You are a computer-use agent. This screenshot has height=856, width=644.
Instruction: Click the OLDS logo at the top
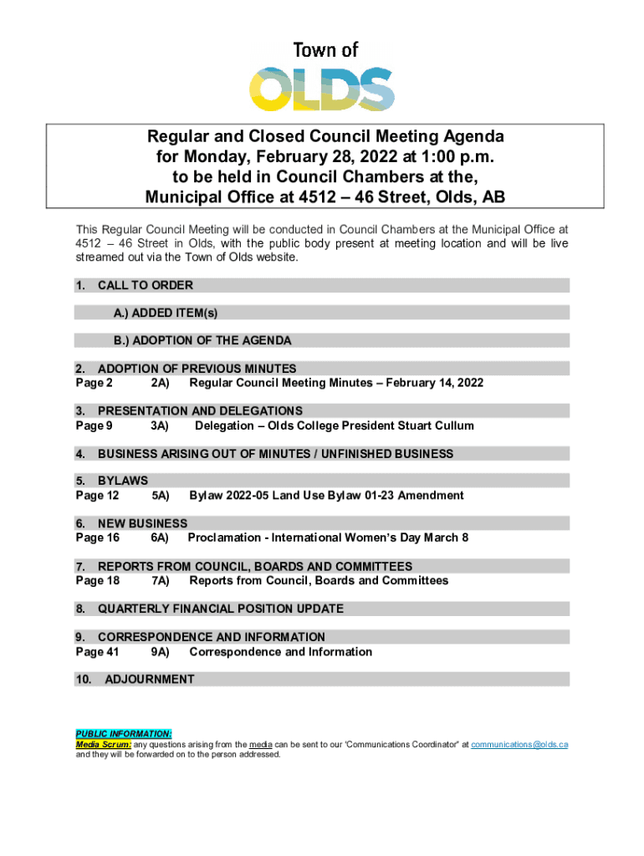click(x=322, y=89)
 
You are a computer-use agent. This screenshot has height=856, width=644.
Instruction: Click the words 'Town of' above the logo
click(x=325, y=50)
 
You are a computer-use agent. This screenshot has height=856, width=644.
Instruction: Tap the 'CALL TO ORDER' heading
click(x=146, y=286)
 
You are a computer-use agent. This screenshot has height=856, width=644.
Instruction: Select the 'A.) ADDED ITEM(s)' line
click(x=166, y=313)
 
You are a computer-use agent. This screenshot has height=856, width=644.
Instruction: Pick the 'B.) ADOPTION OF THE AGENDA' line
click(x=202, y=341)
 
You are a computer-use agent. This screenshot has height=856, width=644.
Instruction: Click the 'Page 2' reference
click(x=94, y=384)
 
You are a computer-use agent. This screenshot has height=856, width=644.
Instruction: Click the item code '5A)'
click(x=161, y=496)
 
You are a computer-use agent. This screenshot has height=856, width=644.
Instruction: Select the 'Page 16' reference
click(x=97, y=538)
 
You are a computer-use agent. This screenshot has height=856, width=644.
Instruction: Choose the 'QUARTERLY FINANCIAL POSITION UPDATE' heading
click(x=221, y=609)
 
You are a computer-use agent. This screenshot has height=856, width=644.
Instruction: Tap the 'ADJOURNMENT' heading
click(x=150, y=680)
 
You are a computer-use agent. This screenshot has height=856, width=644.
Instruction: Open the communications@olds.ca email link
click(x=519, y=744)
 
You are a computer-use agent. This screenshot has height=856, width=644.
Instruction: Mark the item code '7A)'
click(x=161, y=581)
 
